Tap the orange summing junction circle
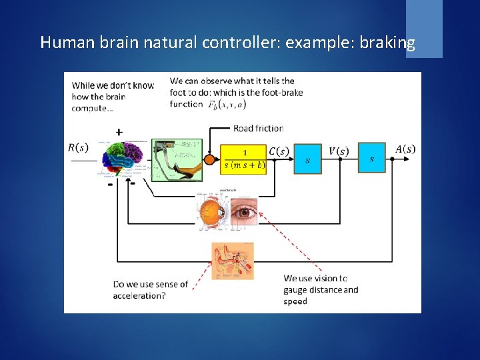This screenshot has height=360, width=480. pyautogui.click(x=210, y=160)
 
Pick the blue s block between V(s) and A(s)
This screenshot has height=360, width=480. pyautogui.click(x=371, y=158)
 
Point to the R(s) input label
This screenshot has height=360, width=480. pyautogui.click(x=79, y=148)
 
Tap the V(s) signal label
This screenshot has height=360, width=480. pyautogui.click(x=338, y=151)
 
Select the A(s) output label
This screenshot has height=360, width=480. pyautogui.click(x=405, y=149)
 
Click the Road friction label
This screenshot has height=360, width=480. pyautogui.click(x=258, y=128)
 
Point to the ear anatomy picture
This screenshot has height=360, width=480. pyautogui.click(x=233, y=261)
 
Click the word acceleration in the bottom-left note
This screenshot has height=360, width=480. pyautogui.click(x=139, y=295)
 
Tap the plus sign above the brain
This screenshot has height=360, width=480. pyautogui.click(x=119, y=132)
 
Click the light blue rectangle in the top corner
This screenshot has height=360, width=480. pyautogui.click(x=424, y=28)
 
